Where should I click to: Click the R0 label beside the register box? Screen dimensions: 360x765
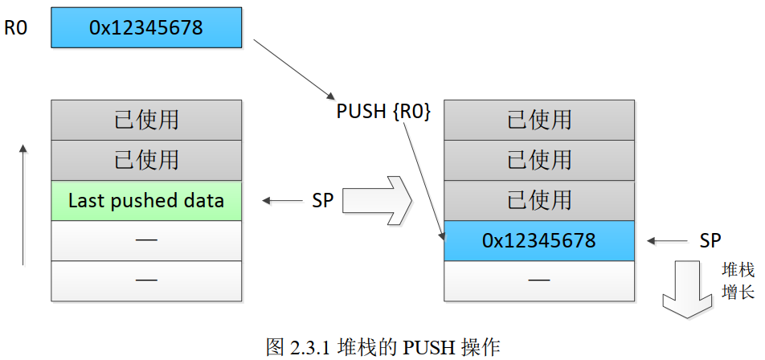tap(16, 28)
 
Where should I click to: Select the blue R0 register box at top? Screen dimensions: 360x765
tap(146, 28)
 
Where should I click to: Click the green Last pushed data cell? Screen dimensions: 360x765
tap(146, 200)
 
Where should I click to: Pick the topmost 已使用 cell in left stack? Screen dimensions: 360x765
tap(146, 120)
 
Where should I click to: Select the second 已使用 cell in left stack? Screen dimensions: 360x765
tap(146, 160)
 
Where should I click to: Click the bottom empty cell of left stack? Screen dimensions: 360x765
tap(146, 280)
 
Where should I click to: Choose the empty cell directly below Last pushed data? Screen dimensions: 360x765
tap(146, 240)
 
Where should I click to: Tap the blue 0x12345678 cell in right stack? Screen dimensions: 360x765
tap(539, 240)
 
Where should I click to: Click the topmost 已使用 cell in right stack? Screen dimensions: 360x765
tap(539, 120)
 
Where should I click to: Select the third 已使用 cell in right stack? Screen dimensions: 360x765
tap(539, 200)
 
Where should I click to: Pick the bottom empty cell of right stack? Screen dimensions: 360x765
tap(539, 280)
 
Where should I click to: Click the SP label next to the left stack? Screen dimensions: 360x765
tap(322, 201)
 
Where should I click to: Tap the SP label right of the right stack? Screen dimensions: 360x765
tap(710, 240)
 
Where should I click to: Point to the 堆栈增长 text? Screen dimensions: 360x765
tap(738, 281)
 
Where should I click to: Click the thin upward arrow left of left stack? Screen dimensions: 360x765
tap(23, 205)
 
